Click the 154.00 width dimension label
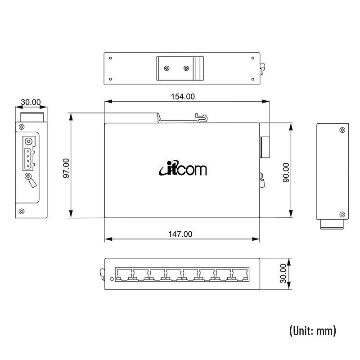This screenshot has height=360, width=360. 183,96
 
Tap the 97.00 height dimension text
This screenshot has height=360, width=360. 66,168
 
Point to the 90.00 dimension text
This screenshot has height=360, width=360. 286,172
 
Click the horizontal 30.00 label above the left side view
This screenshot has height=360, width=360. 31,102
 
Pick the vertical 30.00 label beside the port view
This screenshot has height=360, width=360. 283,273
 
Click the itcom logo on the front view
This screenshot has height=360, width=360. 183,169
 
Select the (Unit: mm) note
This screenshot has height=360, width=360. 312,331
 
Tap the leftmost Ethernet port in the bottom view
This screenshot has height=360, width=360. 124,274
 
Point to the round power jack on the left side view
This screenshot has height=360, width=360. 29,140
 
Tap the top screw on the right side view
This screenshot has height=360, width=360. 342,130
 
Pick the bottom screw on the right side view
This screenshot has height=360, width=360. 342,214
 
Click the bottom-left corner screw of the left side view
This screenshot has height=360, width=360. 21,211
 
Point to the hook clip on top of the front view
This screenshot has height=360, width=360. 202,117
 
